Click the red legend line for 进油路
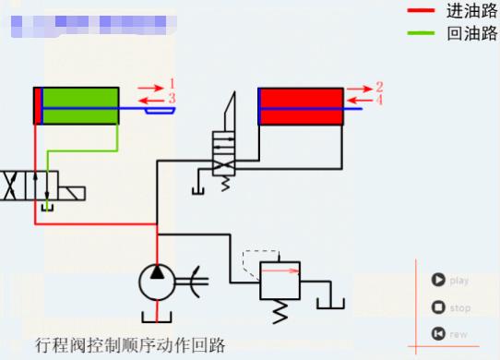click(x=420, y=11)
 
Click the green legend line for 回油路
click(x=420, y=34)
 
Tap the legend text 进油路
click(x=471, y=11)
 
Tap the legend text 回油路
click(x=471, y=35)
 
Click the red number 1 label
click(x=172, y=84)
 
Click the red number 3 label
click(x=172, y=98)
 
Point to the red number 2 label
click(x=379, y=86)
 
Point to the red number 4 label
click(x=379, y=99)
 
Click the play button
click(x=438, y=281)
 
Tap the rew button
click(x=438, y=334)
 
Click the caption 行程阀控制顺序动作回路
click(x=130, y=345)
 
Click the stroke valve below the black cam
click(x=224, y=152)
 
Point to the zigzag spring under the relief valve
click(x=279, y=311)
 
